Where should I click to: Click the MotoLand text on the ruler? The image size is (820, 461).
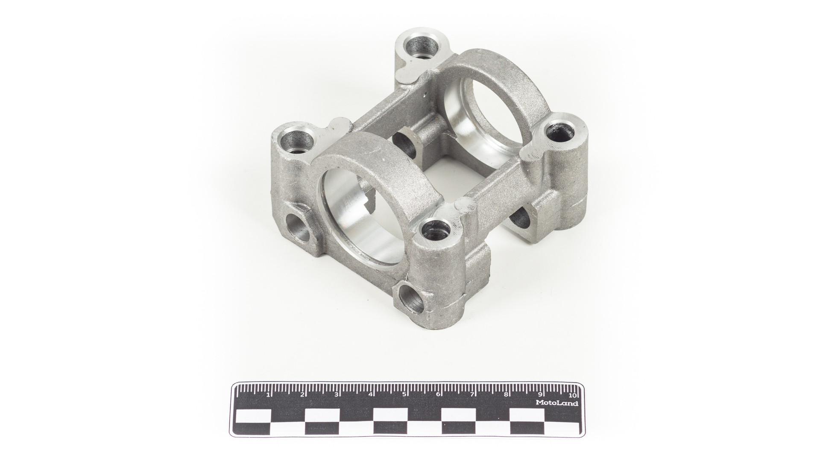[x=557, y=403]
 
